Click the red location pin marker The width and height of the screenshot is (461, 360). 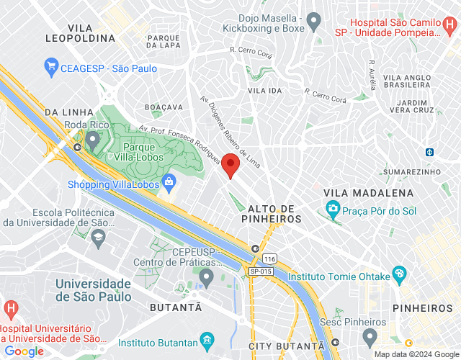(x=230, y=165)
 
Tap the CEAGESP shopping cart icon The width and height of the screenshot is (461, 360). (x=50, y=68)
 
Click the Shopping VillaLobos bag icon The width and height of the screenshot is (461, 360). (x=169, y=181)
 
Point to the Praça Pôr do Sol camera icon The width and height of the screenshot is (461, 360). (x=333, y=210)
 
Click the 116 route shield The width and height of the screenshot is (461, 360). (x=269, y=258)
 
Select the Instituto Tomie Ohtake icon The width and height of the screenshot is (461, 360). (x=400, y=274)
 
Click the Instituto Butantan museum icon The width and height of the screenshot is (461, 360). (x=207, y=339)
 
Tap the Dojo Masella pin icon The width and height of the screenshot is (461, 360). (x=313, y=23)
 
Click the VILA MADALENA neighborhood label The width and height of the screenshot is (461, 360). (x=369, y=193)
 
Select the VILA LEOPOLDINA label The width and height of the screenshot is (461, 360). (x=79, y=31)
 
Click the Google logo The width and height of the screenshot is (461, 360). (x=23, y=351)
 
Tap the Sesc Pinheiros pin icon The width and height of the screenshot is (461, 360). (x=370, y=336)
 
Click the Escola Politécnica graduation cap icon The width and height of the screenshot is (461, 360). (x=98, y=236)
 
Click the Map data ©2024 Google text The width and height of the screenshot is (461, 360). (x=416, y=354)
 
